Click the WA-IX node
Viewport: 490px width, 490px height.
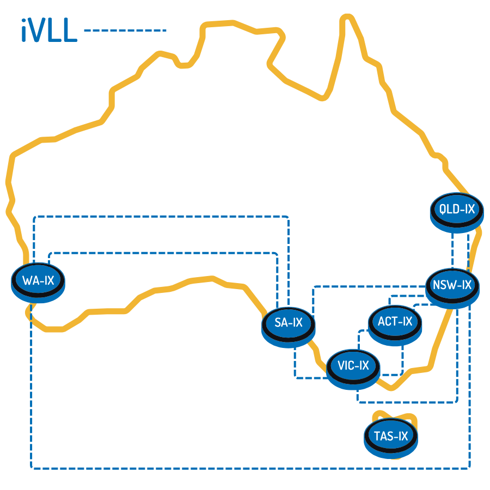(38, 283)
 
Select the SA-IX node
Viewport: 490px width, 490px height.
(289, 327)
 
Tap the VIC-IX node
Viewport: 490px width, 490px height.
(353, 369)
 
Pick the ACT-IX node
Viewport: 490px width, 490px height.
(395, 326)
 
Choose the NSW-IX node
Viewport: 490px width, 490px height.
(452, 289)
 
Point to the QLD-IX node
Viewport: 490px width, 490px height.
(457, 212)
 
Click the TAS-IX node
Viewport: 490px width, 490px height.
(391, 438)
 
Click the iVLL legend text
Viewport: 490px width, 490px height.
(49, 30)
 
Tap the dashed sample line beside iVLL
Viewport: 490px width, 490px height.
(125, 30)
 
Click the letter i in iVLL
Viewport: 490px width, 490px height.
(23, 30)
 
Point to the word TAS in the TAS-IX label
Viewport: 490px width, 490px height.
(383, 436)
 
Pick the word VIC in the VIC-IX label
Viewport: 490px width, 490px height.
(346, 365)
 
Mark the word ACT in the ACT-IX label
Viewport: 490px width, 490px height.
(387, 321)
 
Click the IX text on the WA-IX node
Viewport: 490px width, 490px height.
(50, 280)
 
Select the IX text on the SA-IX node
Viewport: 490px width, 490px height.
(298, 322)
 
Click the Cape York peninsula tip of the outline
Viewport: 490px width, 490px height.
(347, 17)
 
